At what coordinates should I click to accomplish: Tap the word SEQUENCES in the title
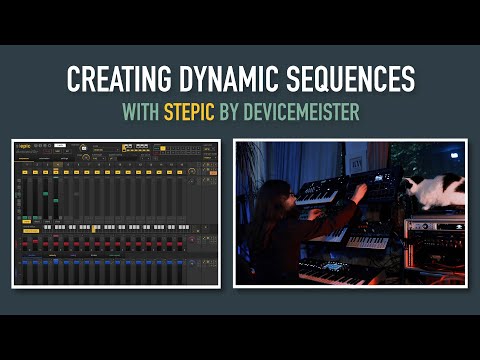coord(351,78)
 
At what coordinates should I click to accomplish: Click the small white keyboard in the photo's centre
coord(367,241)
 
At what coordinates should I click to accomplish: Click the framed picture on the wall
coord(359,158)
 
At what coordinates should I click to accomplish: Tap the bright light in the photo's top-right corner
coord(457,153)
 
